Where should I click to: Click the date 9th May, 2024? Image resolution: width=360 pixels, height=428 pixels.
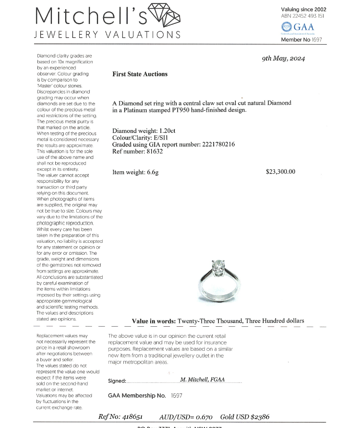(x=284, y=59)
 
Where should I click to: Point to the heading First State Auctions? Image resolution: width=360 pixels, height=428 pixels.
(x=140, y=74)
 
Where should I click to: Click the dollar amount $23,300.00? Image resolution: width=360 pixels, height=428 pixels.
(x=280, y=172)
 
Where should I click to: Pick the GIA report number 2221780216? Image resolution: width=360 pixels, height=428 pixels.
(x=213, y=144)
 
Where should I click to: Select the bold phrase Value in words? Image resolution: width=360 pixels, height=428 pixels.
(x=154, y=321)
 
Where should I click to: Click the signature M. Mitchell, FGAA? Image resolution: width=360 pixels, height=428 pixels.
(x=202, y=380)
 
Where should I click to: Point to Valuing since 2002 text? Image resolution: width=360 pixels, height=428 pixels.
(x=303, y=9)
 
